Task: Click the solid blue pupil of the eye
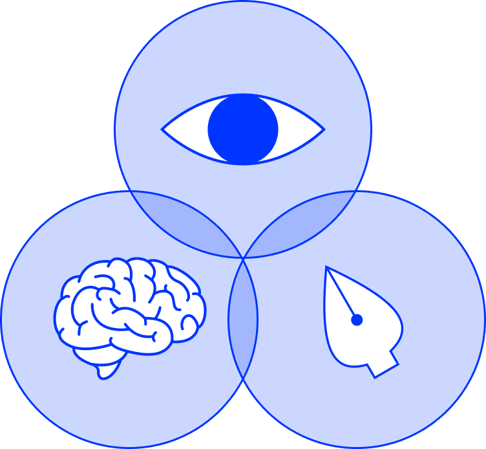pos(243,129)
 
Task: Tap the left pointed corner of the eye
pos(163,129)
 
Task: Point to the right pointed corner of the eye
pos(323,129)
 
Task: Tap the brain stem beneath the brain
pos(107,370)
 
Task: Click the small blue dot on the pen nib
pos(356,319)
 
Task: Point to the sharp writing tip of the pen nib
pos(327,267)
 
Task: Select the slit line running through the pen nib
pos(343,295)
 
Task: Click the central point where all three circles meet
pos(243,257)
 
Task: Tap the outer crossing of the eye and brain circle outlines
pos(130,192)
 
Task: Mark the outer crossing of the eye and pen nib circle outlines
pos(356,192)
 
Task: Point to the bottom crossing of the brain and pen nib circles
pos(243,382)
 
